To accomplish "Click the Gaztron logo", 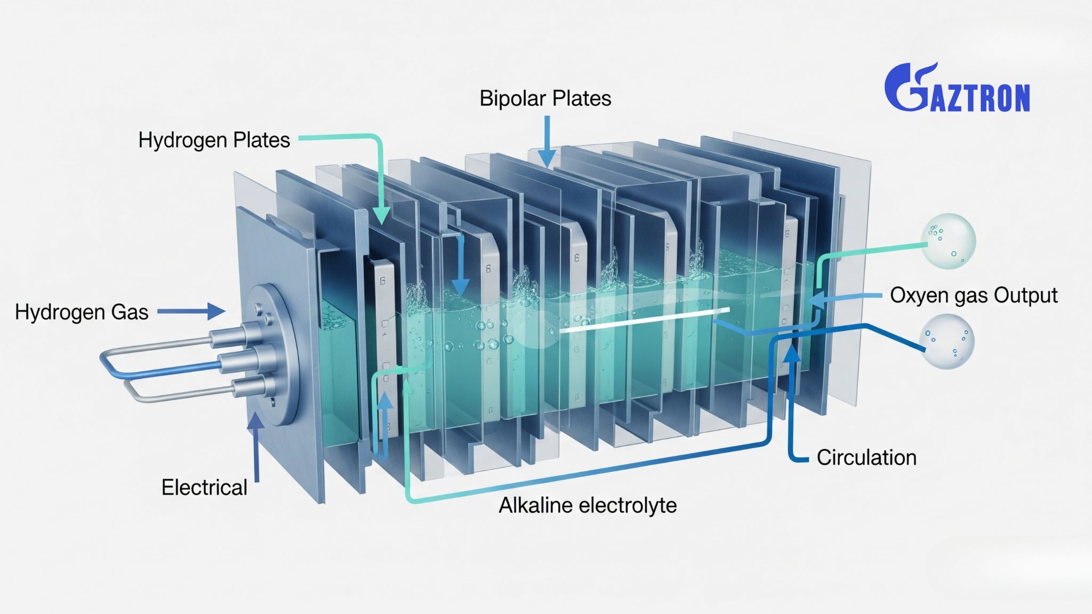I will pyautogui.click(x=957, y=88).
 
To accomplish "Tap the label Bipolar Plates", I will pyautogui.click(x=545, y=99).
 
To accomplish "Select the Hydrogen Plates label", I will pyautogui.click(x=214, y=140).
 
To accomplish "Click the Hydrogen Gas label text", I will pyautogui.click(x=82, y=312).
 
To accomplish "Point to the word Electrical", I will pyautogui.click(x=204, y=488).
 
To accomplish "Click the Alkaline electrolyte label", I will pyautogui.click(x=588, y=505).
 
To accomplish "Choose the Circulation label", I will pyautogui.click(x=866, y=458).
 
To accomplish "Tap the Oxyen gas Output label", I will pyautogui.click(x=974, y=295).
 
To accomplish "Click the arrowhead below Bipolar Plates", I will pyautogui.click(x=547, y=158).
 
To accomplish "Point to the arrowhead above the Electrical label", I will pyautogui.click(x=256, y=421).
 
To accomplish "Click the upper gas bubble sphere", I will pyautogui.click(x=948, y=241).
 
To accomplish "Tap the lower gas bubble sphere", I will pyautogui.click(x=947, y=342).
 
